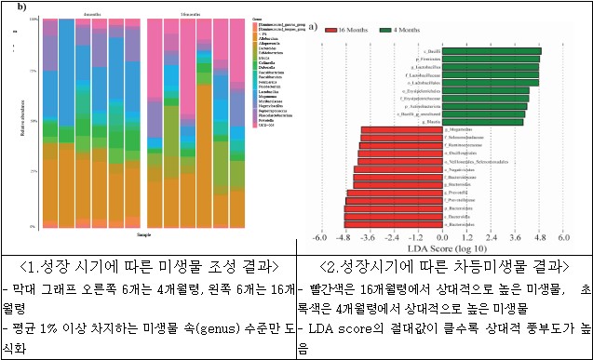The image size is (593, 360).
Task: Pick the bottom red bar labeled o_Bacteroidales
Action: tap(396, 224)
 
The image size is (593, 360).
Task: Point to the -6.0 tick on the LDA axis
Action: tap(317, 239)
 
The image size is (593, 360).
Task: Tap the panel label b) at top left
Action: tap(7, 7)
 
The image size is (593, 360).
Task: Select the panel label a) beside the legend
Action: tap(312, 28)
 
